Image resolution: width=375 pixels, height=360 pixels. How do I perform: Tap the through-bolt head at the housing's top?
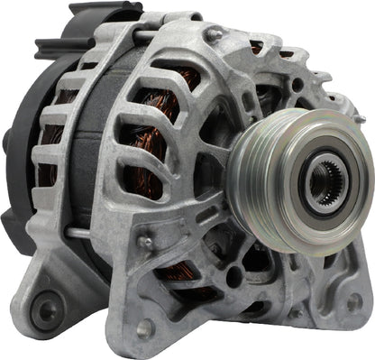coord(214,34)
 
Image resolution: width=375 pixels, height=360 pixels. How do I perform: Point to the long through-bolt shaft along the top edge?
coord(162,36)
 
